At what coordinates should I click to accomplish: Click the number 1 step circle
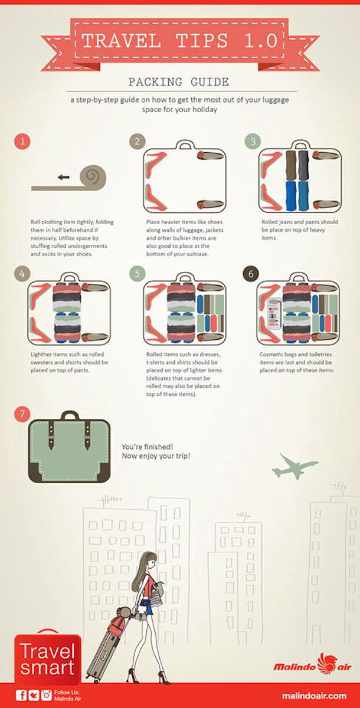pyautogui.click(x=22, y=142)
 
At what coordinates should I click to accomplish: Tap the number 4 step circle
pyautogui.click(x=22, y=274)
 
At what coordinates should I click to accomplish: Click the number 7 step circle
pyautogui.click(x=22, y=414)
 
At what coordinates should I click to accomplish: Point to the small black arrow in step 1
pyautogui.click(x=63, y=176)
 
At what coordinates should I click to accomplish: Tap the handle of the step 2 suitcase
pyautogui.click(x=184, y=145)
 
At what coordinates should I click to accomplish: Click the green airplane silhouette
pyautogui.click(x=294, y=466)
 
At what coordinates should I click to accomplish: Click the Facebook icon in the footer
pyautogui.click(x=21, y=695)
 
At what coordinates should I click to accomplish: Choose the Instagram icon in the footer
pyautogui.click(x=46, y=695)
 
